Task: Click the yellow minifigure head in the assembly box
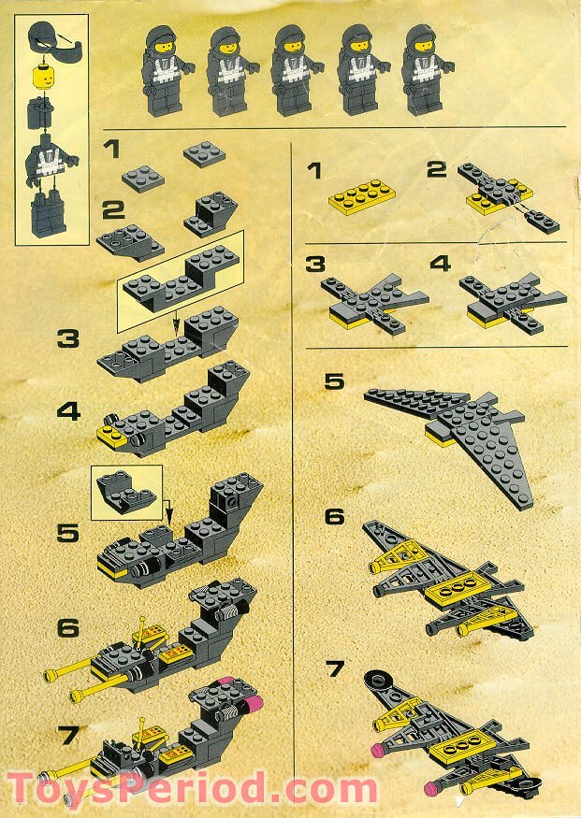tap(42, 77)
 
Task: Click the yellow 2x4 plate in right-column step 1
tap(362, 194)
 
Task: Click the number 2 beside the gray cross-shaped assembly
tap(437, 172)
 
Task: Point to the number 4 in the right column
tap(440, 264)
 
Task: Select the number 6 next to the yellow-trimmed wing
tap(335, 517)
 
